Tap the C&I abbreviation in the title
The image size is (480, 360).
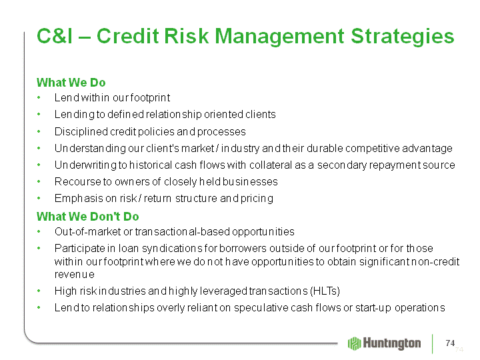[55, 36]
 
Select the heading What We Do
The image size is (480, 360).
[71, 83]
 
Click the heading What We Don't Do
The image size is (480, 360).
[88, 217]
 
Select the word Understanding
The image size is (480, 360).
[90, 149]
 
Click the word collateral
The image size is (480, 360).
[271, 165]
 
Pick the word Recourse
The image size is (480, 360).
[78, 182]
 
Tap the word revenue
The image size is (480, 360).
[75, 275]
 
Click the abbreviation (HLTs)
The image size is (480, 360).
[325, 291]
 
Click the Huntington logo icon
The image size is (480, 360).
[355, 343]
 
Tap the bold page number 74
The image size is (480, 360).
[450, 343]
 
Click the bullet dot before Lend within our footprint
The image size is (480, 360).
[39, 98]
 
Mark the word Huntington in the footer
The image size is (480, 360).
[392, 343]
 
